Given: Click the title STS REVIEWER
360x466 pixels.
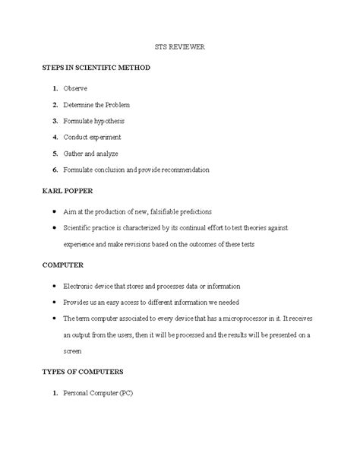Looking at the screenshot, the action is click(181, 47).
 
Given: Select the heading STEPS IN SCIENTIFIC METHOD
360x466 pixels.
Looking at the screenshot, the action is click(96, 68).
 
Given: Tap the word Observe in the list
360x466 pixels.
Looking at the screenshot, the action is click(74, 88).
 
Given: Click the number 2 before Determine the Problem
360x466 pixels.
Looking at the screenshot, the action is click(55, 105).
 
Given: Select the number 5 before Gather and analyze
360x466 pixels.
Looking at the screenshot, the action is click(55, 153).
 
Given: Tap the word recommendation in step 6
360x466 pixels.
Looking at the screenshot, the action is click(182, 170).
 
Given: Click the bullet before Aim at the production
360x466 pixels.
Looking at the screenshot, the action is click(53, 211).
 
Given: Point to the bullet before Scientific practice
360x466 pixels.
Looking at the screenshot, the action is click(53, 227).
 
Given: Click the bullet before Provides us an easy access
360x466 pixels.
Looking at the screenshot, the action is click(53, 302).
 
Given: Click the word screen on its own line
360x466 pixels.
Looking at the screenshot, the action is click(73, 351).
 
